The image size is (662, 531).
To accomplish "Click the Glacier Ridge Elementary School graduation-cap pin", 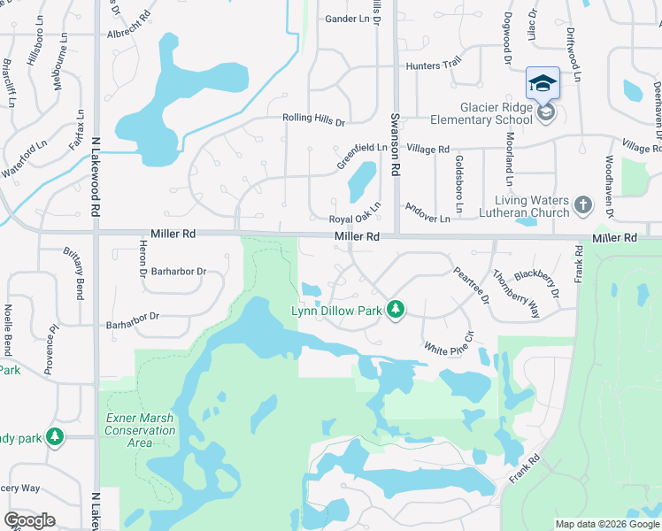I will tap(543, 84).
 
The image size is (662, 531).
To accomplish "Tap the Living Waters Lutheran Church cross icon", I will tap(582, 205).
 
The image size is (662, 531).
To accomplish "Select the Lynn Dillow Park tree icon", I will tap(397, 309).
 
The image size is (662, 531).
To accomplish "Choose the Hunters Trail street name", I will tap(434, 64).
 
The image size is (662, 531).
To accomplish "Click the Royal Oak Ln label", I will tap(354, 219).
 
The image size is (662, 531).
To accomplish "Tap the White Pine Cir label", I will tap(450, 345).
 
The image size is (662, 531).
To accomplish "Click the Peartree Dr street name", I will tap(472, 286).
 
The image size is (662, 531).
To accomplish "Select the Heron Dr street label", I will tap(142, 257).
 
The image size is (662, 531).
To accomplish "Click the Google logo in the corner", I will tap(29, 520).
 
